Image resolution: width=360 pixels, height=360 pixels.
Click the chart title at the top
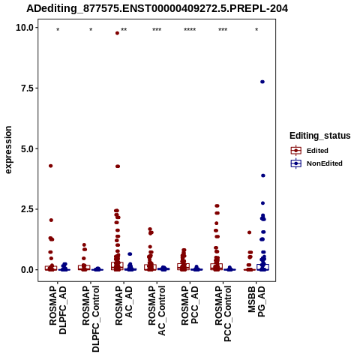157,8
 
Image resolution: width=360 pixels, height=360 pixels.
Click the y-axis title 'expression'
8,150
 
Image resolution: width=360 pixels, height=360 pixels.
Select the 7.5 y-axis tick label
27,88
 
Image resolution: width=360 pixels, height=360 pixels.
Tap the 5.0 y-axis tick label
27,148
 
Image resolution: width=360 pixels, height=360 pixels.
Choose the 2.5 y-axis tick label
27,209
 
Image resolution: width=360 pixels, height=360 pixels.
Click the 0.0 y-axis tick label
27,270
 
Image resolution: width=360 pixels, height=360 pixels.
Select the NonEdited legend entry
316,163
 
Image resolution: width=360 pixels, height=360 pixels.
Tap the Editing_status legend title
320,136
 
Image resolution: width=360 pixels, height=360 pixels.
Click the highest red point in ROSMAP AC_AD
117,33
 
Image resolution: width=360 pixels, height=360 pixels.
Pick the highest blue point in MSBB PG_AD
262,82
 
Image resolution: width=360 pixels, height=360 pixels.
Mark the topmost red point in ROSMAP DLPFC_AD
51,166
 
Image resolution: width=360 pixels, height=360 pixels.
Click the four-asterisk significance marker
190,30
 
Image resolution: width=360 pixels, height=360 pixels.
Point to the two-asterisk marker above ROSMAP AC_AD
124,30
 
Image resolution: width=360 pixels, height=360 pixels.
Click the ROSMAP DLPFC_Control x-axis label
91,319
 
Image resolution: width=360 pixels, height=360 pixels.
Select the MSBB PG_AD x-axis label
256,301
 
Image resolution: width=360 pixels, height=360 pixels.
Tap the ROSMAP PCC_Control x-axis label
223,313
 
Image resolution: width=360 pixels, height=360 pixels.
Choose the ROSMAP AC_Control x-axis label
157,310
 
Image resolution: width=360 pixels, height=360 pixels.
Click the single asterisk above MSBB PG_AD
256,30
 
